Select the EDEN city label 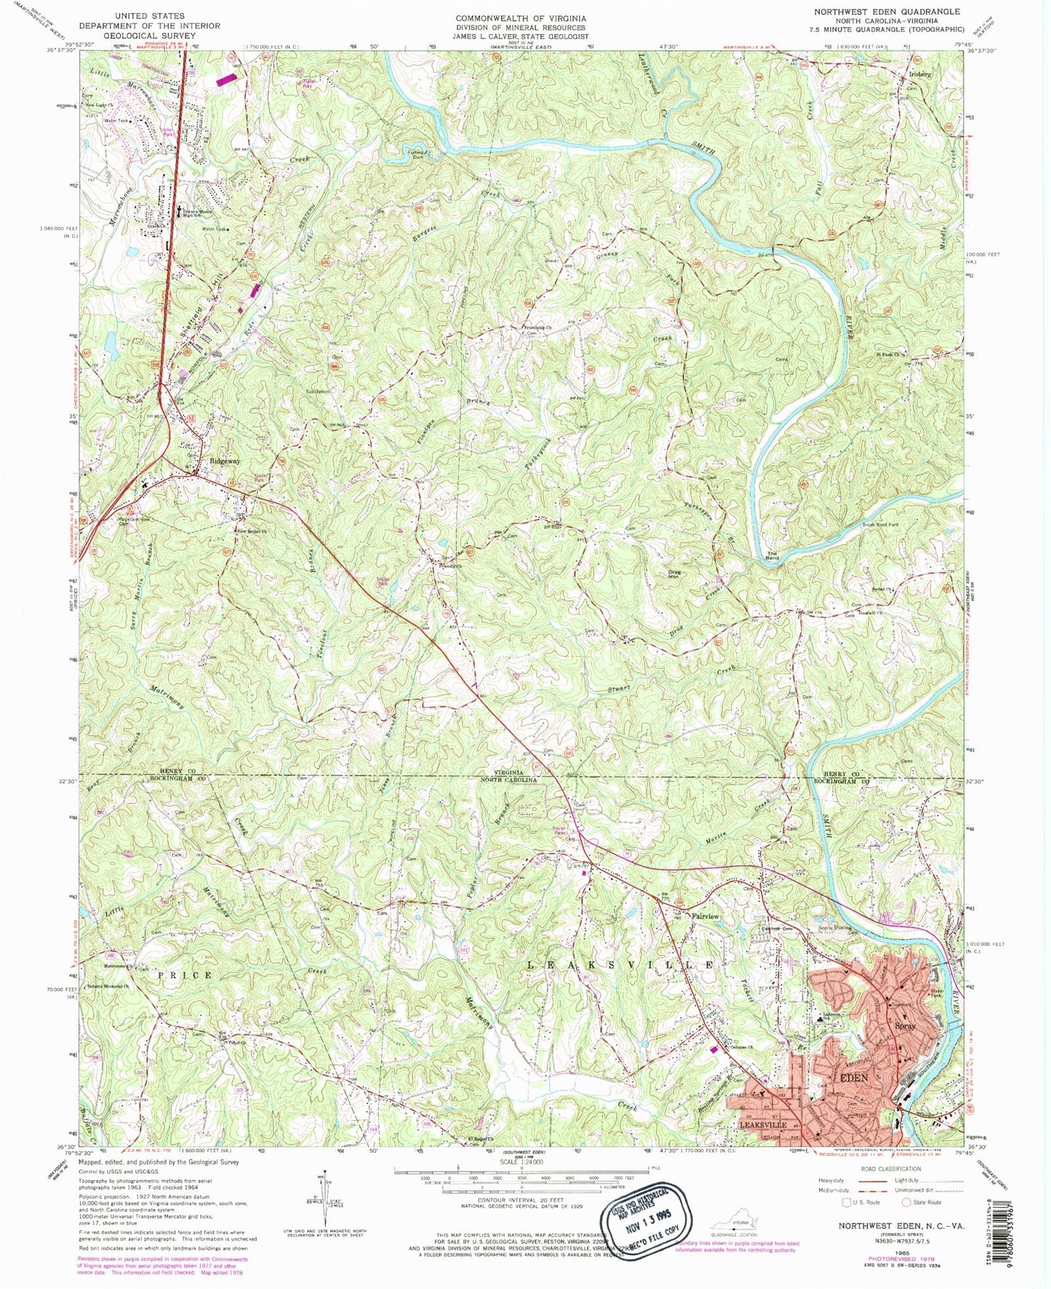pyautogui.click(x=854, y=1077)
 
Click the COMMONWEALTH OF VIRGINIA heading pyautogui.click(x=520, y=17)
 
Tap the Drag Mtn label pyautogui.click(x=674, y=575)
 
